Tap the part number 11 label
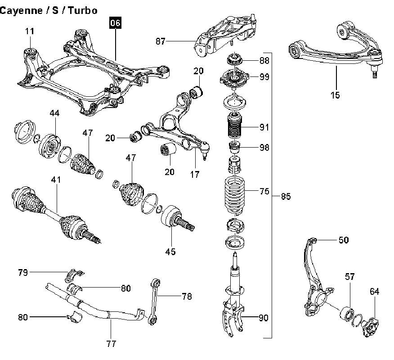coord(29,31)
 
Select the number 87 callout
coord(161,42)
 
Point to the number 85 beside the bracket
coord(286,196)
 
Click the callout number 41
coord(56,180)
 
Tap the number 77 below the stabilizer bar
coord(112,344)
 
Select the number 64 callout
coord(375,292)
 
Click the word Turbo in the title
coord(82,10)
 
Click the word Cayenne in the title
coord(21,10)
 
